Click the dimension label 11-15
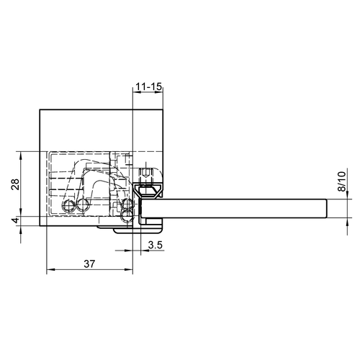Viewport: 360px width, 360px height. point(148,86)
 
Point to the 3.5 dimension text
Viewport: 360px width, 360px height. point(154,246)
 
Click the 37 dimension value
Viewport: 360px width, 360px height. point(90,264)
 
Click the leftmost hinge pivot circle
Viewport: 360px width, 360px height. point(68,207)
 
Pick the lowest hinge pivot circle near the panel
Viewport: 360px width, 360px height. point(128,215)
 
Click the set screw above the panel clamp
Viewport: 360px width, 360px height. point(148,174)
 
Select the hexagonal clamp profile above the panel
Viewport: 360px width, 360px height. point(149,190)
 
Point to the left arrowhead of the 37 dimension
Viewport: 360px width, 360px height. point(49,272)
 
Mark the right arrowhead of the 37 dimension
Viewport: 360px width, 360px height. point(131,272)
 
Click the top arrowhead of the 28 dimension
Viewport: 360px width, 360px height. point(23,155)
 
